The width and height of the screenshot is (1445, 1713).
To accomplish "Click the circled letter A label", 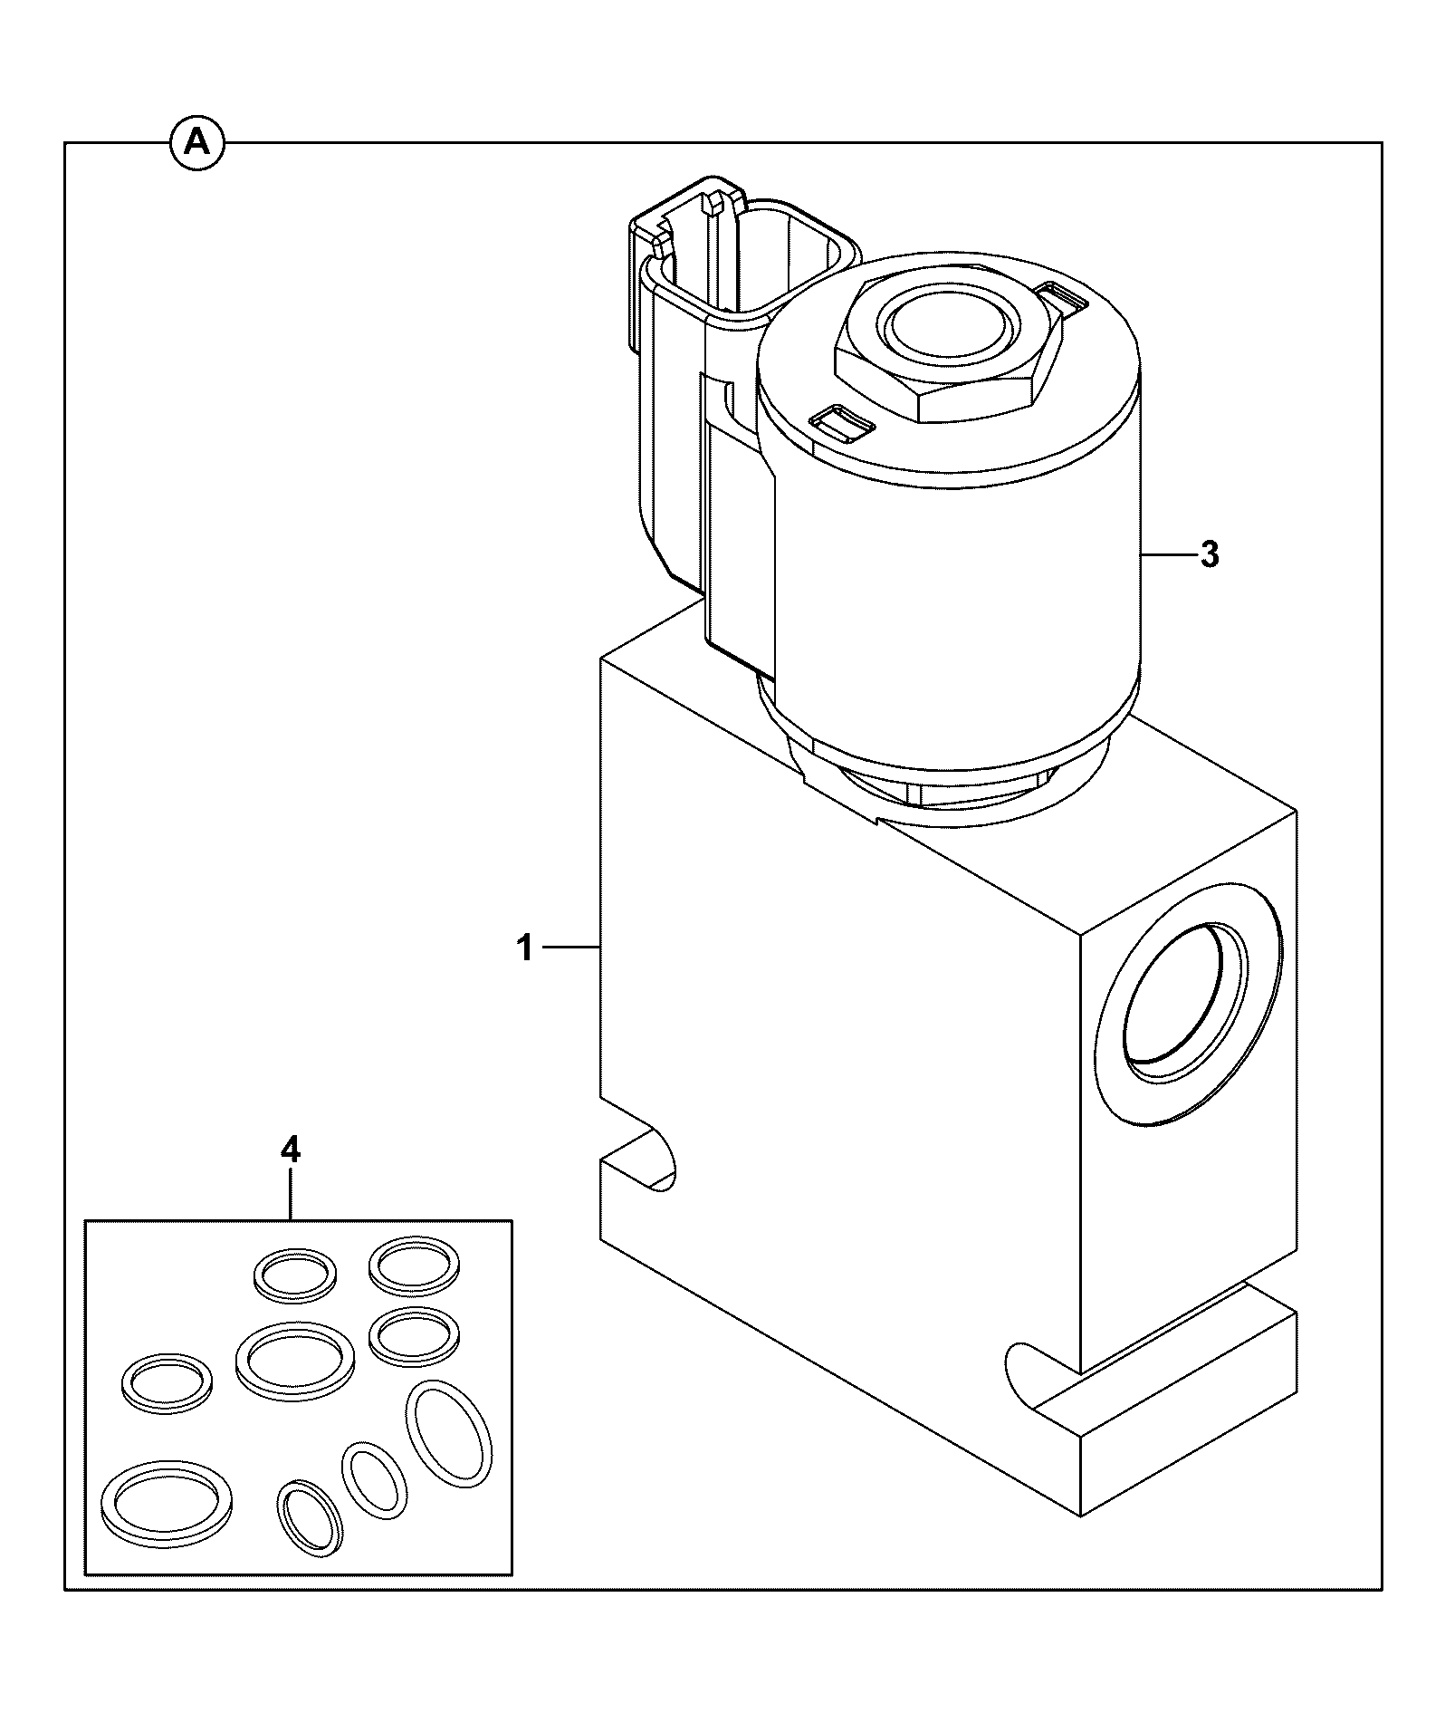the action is click(x=197, y=143).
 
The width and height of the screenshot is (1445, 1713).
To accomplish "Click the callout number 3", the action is click(x=1210, y=553).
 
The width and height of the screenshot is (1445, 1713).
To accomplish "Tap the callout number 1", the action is click(x=524, y=948).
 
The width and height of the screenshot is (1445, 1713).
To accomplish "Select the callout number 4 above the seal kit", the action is click(x=290, y=1150).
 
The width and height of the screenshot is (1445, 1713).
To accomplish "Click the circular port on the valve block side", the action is click(x=1188, y=1025).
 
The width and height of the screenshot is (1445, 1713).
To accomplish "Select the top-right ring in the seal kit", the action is click(x=415, y=1266).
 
